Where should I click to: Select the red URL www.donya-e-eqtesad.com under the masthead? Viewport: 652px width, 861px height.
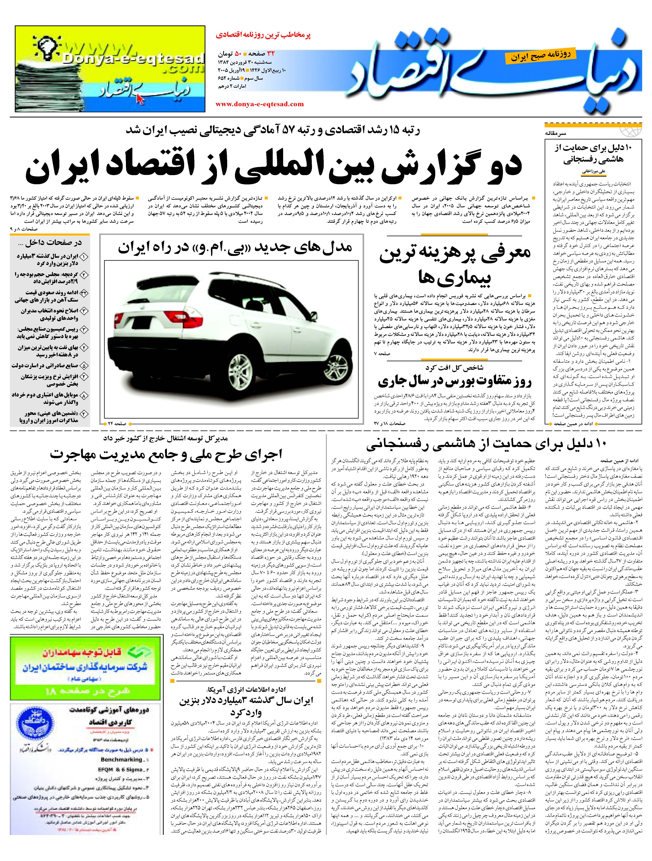259,104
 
